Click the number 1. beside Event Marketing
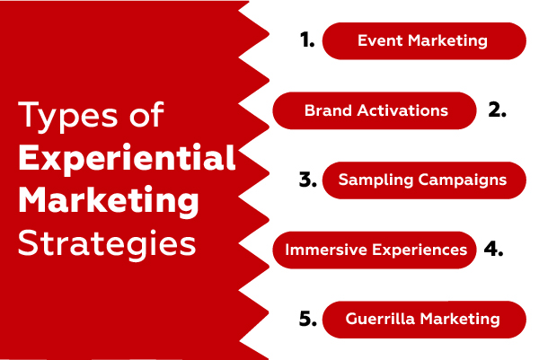306,40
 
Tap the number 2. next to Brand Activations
498,110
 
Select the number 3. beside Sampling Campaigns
306,180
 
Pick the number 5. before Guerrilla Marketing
306,319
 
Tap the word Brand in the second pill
325,110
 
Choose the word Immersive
319,250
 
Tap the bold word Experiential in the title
127,160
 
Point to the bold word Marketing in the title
108,201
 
